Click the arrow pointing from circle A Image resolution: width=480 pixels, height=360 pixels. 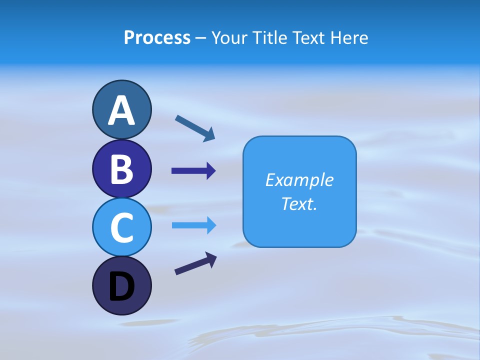coord(195,128)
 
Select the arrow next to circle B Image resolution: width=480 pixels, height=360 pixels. coord(193,171)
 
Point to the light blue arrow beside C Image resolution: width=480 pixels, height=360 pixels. coord(194,225)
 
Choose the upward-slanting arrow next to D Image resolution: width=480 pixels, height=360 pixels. coord(195,263)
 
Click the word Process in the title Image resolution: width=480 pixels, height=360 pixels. coord(157,38)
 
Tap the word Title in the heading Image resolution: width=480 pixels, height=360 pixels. coord(268,38)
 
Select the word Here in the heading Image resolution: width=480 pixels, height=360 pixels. coord(349,38)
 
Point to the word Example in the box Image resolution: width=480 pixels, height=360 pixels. coord(299,180)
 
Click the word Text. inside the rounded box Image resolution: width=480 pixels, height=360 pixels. coord(299,203)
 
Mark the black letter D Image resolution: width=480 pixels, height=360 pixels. coord(121,287)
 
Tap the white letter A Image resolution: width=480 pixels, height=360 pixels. coord(121,111)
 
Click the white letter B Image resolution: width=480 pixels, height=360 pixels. coord(121,169)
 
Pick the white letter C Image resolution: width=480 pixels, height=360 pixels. coord(121,227)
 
